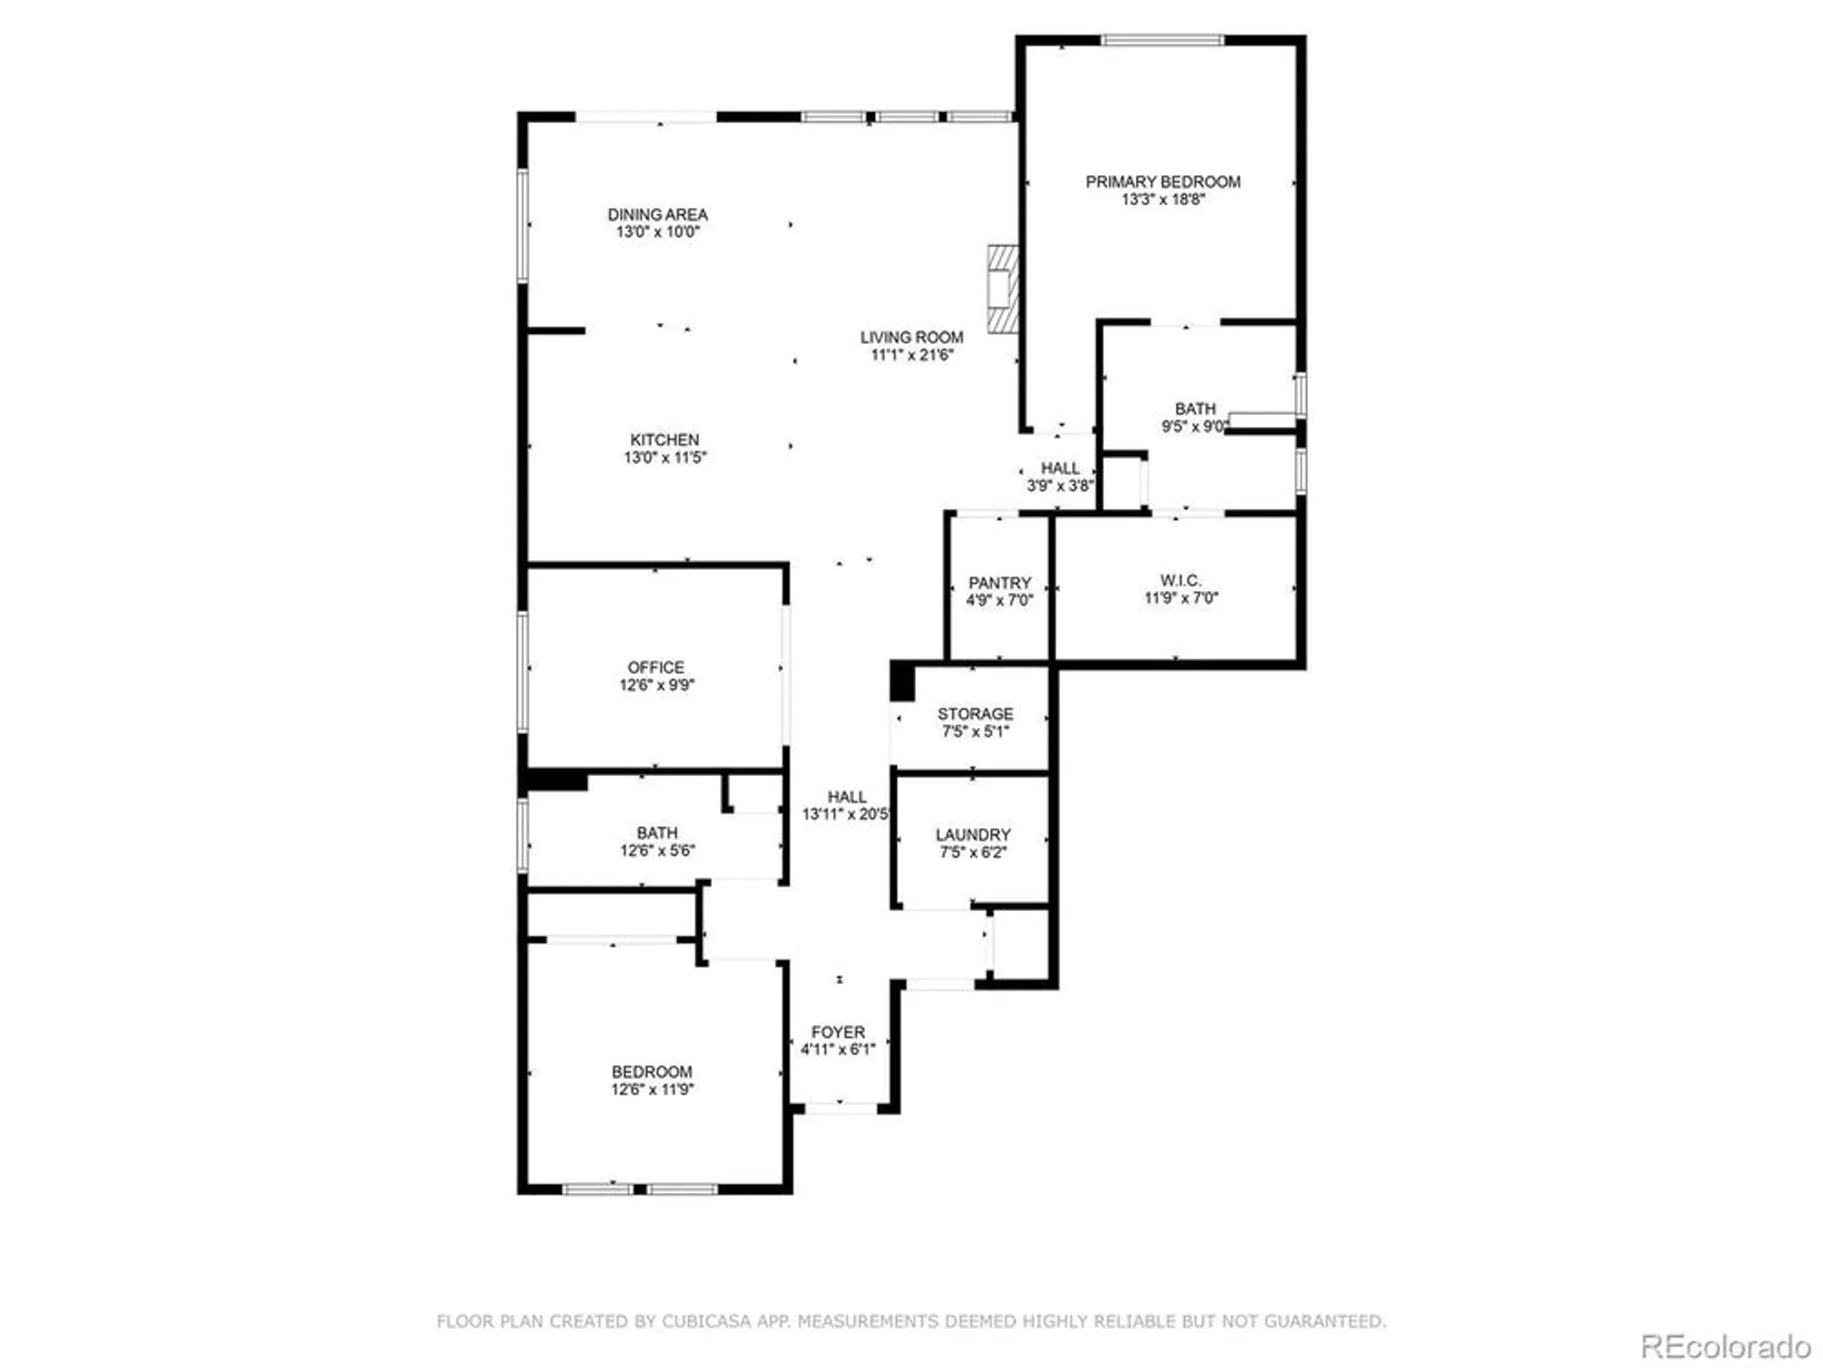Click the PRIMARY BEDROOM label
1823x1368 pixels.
pos(1162,181)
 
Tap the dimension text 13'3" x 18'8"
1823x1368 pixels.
pos(1162,200)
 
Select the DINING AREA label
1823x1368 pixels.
pos(657,214)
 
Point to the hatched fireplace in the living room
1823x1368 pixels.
pos(1003,288)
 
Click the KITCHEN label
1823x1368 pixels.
pos(664,440)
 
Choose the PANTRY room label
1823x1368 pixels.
pos(999,583)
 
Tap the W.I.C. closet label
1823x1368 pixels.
pos(1180,580)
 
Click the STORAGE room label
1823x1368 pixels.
pos(974,714)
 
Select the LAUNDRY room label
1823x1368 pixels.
pos(973,834)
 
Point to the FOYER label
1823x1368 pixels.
pos(838,1032)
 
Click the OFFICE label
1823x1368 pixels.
pos(655,668)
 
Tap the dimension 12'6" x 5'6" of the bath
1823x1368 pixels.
pos(657,851)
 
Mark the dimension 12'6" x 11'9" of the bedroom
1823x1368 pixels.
pos(652,1090)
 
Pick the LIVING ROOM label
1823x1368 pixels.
pos(911,337)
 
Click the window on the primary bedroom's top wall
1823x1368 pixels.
pos(1162,40)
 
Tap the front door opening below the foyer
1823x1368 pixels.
pos(840,1108)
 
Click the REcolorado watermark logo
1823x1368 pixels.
pos(1725,1346)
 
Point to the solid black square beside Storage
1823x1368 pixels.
pos(901,681)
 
